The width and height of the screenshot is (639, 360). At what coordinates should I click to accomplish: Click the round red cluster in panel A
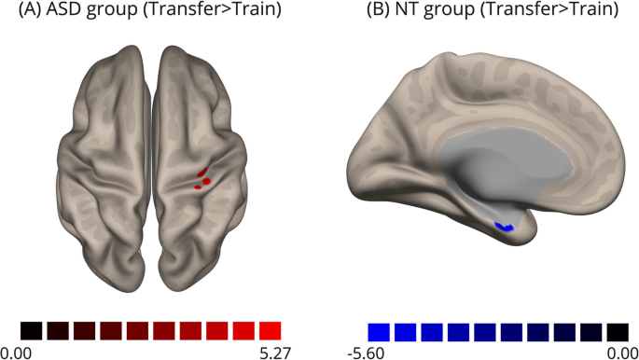pyautogui.click(x=206, y=181)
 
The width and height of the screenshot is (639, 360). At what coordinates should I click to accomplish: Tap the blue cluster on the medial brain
pyautogui.click(x=506, y=227)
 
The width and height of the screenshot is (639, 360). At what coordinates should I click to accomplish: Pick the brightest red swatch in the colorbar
pyautogui.click(x=271, y=330)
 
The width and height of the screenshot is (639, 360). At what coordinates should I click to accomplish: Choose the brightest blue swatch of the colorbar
pyautogui.click(x=378, y=330)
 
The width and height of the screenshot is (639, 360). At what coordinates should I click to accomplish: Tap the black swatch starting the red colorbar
pyautogui.click(x=31, y=330)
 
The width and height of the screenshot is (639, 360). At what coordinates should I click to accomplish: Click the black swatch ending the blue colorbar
pyautogui.click(x=617, y=330)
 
